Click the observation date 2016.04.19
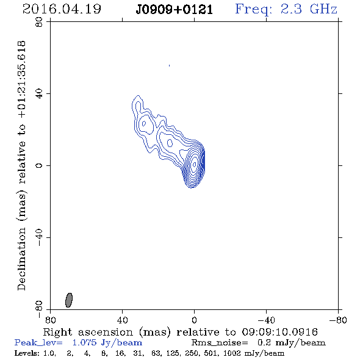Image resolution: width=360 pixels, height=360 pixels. point(62,9)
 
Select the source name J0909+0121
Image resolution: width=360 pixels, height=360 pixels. point(174,10)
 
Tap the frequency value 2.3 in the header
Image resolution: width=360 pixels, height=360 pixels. point(291,9)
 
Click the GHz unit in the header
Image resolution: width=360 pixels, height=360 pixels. point(323,9)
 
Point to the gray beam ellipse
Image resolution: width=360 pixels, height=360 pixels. point(69,300)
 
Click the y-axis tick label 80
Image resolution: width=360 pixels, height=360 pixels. point(39,22)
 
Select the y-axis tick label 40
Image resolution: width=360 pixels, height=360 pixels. point(39,94)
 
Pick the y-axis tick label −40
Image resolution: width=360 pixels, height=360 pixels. point(39,237)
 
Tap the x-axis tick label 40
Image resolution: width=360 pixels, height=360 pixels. point(122,320)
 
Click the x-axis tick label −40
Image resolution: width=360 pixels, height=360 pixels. point(266,320)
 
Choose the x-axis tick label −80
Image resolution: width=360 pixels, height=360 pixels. point(338,320)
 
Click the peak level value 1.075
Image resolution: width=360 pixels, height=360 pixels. point(84,342)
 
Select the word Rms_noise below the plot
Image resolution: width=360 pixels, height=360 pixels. point(220,343)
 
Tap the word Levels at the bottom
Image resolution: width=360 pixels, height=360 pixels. point(27,353)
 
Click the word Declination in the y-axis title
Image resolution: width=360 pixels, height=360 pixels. point(21,259)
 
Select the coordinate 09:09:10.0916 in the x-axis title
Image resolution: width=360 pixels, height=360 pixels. point(279,332)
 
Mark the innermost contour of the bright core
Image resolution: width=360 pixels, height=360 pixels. point(195,164)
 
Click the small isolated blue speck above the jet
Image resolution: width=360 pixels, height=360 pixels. point(169,66)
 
